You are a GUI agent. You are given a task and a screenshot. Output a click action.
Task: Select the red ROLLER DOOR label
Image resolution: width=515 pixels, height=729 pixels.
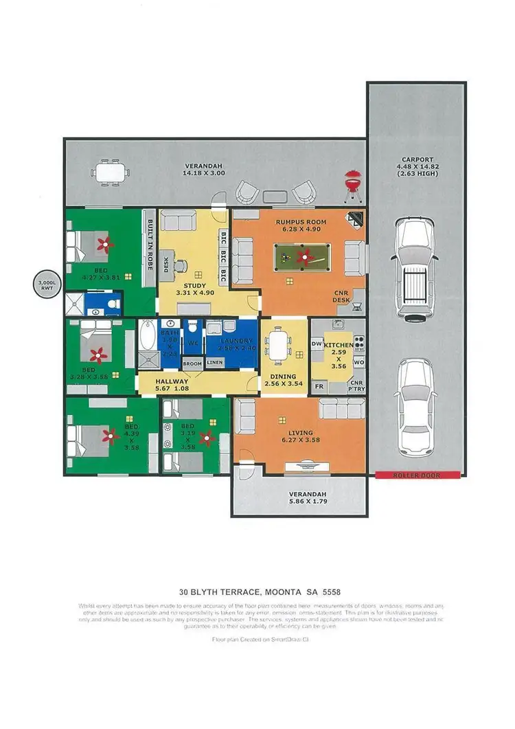pyautogui.click(x=416, y=475)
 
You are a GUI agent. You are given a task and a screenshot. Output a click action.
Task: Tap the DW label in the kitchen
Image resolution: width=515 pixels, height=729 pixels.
pyautogui.click(x=317, y=343)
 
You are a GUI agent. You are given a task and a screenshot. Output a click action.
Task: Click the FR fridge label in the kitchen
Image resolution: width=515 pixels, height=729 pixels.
pyautogui.click(x=319, y=386)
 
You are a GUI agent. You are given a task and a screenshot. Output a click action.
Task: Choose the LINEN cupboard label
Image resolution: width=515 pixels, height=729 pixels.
pyautogui.click(x=215, y=362)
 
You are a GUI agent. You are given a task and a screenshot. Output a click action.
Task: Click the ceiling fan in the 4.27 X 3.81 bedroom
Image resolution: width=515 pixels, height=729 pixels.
pyautogui.click(x=104, y=243)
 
